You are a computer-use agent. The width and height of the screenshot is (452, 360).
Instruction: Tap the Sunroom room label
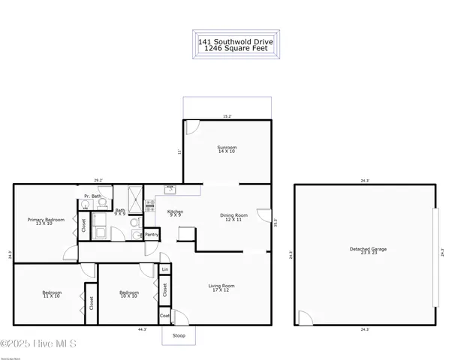point(226,149)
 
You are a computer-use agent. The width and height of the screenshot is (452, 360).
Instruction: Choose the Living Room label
point(221,287)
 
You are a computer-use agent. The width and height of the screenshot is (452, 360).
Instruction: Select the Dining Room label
point(231,217)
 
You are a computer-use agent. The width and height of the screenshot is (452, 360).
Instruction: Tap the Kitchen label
point(176,213)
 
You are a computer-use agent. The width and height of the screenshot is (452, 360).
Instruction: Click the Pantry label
point(152,235)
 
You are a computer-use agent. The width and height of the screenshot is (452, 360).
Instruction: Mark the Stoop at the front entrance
point(179,335)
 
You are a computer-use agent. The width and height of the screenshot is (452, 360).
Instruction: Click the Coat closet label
point(164,316)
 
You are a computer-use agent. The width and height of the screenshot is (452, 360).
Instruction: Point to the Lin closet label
point(164,269)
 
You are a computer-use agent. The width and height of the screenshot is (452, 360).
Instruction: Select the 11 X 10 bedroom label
point(51,294)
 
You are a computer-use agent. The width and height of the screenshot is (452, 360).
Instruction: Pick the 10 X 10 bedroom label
point(129,294)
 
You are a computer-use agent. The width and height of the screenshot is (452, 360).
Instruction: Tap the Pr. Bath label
point(92,196)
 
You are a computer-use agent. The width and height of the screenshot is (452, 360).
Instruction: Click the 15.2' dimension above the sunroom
point(226,116)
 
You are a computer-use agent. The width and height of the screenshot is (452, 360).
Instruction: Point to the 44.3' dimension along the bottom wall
point(142,329)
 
